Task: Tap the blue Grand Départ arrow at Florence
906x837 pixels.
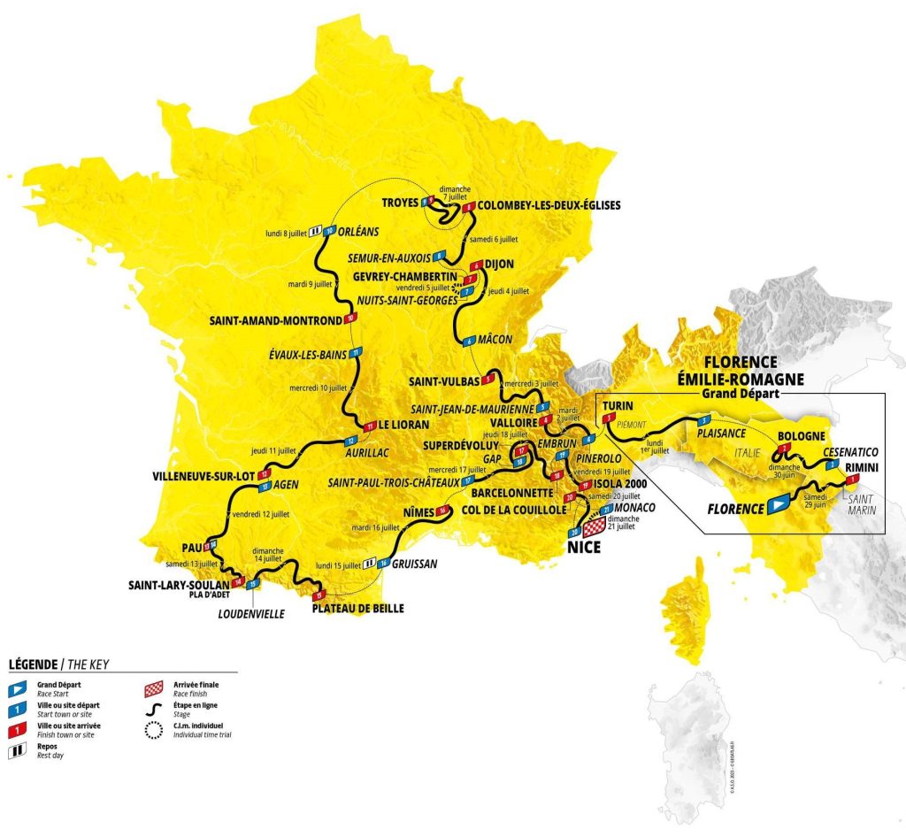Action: point(777,506)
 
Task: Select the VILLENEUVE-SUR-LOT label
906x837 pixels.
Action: point(200,474)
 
